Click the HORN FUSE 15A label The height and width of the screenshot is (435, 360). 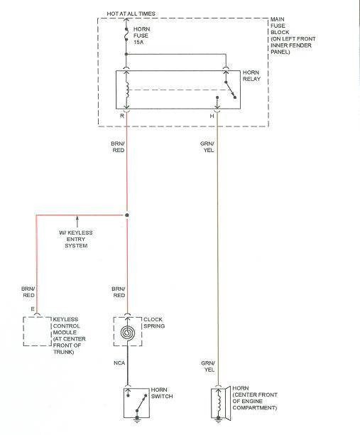pos(141,36)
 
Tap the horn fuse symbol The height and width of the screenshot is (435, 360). pos(126,34)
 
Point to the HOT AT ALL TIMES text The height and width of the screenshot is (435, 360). pos(131,14)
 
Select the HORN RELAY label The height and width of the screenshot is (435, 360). pos(251,75)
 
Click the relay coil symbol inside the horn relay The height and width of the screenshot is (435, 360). pos(127,90)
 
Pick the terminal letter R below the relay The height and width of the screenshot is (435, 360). pos(122,116)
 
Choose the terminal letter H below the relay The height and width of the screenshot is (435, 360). pos(212,116)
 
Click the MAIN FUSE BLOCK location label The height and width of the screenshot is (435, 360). pos(293,36)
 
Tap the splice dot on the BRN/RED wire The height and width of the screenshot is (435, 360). pos(127,215)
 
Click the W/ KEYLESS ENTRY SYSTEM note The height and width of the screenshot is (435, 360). pos(76,239)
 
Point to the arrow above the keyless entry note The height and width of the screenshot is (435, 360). pos(77,222)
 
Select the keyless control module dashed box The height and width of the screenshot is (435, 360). pos(38,331)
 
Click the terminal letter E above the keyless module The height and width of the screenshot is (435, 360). pos(33,309)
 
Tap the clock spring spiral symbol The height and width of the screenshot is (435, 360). pos(128,332)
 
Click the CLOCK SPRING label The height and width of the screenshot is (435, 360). pos(154,323)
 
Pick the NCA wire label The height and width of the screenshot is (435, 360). pos(119,363)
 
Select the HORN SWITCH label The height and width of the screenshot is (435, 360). pos(162,393)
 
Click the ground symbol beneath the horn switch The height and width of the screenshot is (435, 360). pos(137,420)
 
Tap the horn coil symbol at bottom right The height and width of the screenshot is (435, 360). pos(219,404)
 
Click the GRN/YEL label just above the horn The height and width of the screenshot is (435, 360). pos(208,367)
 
